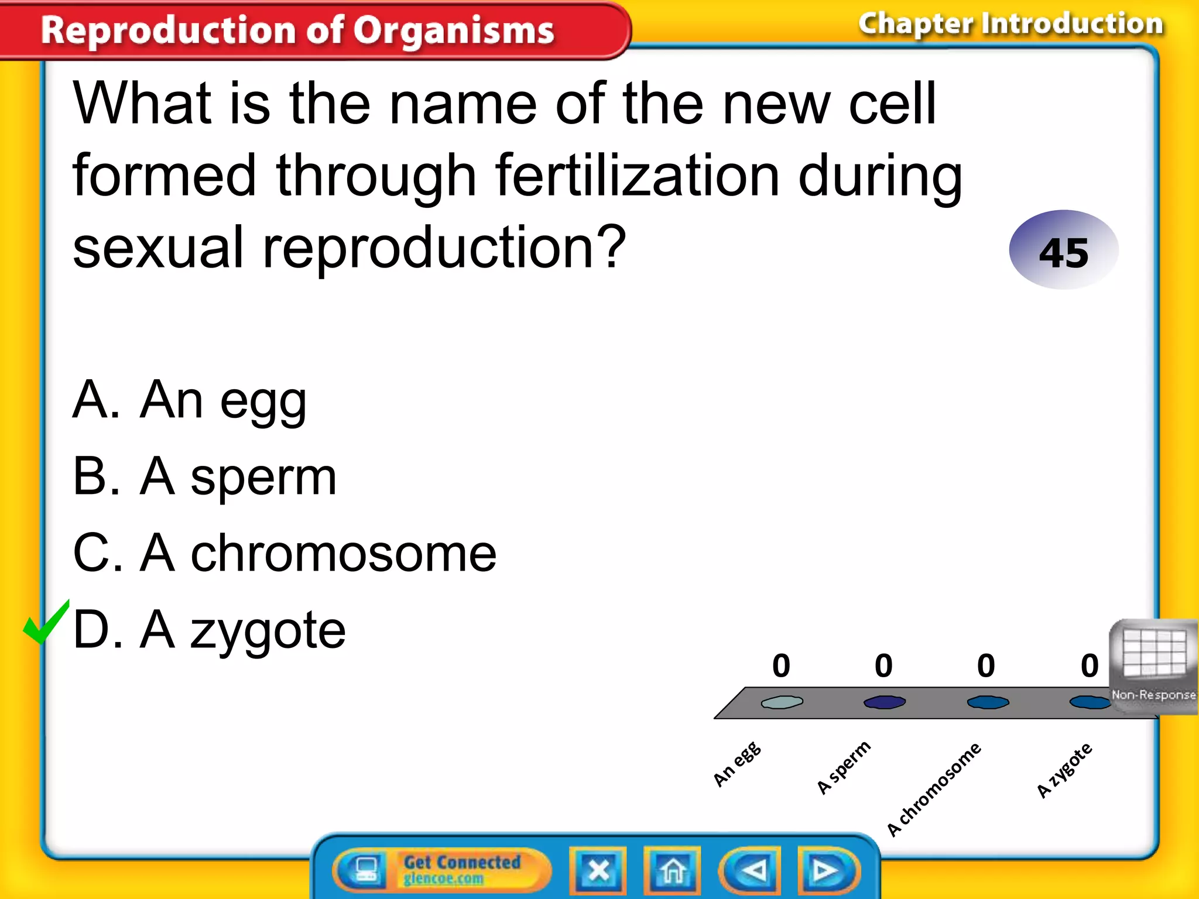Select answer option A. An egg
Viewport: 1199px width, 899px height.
click(x=189, y=401)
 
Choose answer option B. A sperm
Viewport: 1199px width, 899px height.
click(x=204, y=478)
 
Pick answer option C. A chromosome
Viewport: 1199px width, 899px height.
click(x=285, y=554)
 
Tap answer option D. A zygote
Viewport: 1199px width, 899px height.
click(x=209, y=630)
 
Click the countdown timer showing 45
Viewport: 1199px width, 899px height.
click(x=1063, y=251)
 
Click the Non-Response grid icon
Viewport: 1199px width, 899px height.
click(x=1154, y=665)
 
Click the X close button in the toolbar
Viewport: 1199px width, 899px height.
click(x=598, y=870)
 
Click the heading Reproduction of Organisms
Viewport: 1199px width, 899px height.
click(x=297, y=30)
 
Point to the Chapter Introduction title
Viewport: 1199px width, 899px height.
click(x=1010, y=25)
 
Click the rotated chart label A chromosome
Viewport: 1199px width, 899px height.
click(x=933, y=789)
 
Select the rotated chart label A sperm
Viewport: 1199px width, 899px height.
click(x=844, y=767)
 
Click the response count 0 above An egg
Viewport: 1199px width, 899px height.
click(x=781, y=666)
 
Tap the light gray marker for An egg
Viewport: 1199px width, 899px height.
click(x=782, y=702)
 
